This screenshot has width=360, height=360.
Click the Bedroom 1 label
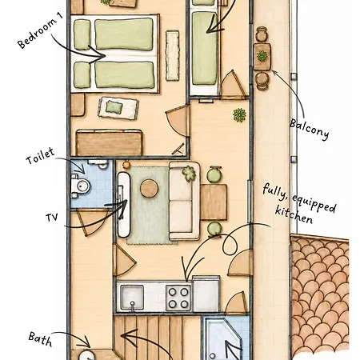pos(41,30)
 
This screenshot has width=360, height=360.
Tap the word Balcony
pos(310,130)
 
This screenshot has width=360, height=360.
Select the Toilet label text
pos(40,156)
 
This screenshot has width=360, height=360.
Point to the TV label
pos(52,218)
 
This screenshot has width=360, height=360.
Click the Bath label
pos(40,339)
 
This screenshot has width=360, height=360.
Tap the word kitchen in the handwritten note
pos(294,214)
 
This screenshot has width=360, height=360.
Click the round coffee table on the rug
pos(149,189)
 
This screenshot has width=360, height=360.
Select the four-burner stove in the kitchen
pos(178,298)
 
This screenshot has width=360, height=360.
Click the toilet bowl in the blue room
pos(82,186)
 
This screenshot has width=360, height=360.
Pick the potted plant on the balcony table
pos(262,56)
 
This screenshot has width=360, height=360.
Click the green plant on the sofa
pos(189,173)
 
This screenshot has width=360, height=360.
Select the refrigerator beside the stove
pos(206,294)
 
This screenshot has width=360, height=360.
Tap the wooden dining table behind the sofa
pos(214,202)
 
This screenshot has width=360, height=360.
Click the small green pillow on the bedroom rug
pos(114,107)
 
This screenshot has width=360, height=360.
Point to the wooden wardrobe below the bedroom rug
pos(109,142)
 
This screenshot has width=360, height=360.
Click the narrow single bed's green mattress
pos(205,48)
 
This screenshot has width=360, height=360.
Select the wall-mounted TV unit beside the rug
pos(124,205)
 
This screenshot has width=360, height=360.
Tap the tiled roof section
pos(320,294)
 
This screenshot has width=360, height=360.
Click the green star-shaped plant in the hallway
pos(239,115)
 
